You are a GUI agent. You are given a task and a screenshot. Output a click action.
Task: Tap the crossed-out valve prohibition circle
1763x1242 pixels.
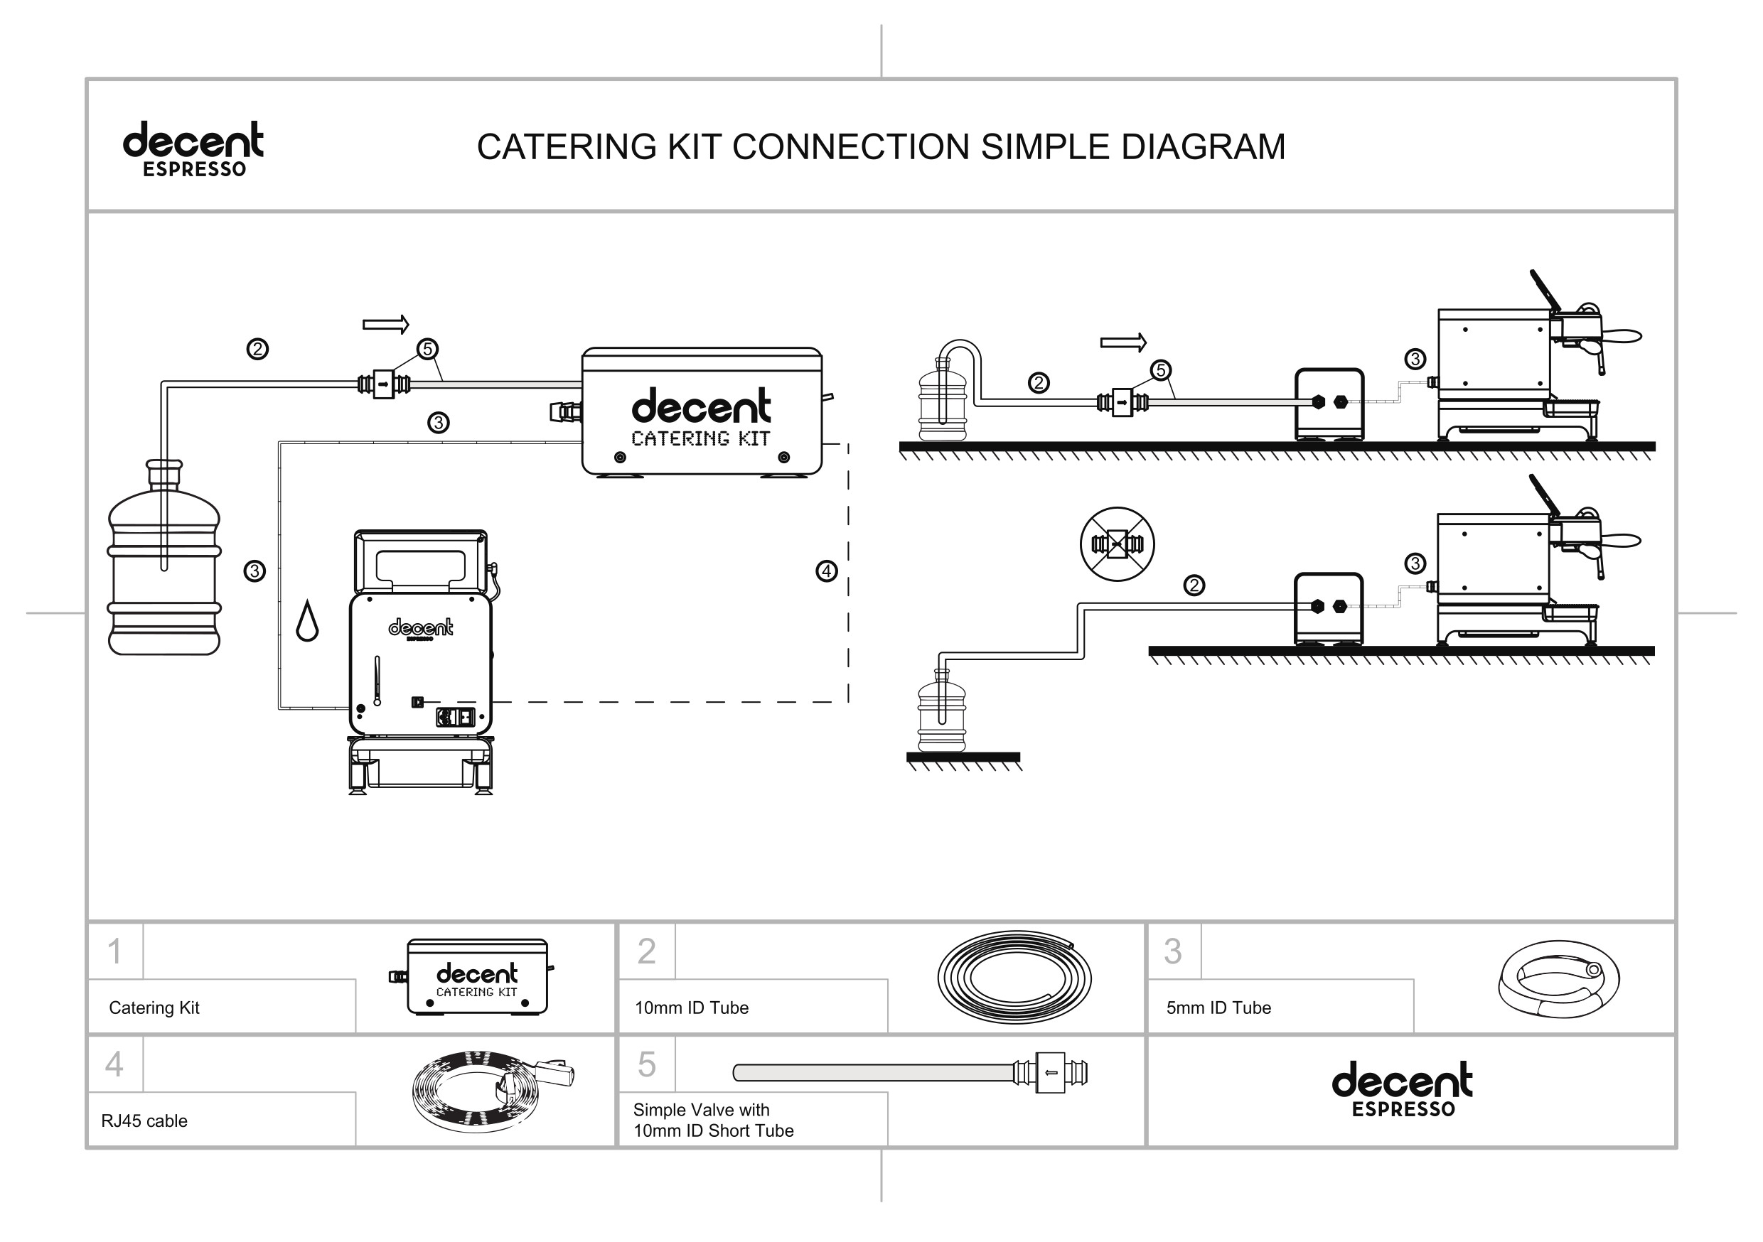pyautogui.click(x=1118, y=544)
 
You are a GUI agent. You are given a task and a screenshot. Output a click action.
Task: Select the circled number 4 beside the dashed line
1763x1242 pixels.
pyautogui.click(x=826, y=571)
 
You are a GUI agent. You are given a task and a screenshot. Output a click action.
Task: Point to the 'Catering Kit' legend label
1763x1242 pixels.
pyautogui.click(x=154, y=1008)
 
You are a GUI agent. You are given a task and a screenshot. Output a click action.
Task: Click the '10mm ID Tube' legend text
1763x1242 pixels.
pyautogui.click(x=691, y=1008)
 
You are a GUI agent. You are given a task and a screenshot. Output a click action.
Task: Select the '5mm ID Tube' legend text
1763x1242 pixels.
pyautogui.click(x=1218, y=1008)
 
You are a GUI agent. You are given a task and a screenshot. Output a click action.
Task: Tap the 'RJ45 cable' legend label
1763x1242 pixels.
pyautogui.click(x=144, y=1120)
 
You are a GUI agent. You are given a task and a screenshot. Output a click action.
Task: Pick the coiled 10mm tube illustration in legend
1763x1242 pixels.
pyautogui.click(x=1014, y=978)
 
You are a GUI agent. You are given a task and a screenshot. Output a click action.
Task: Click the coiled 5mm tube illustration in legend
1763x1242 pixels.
pyautogui.click(x=1559, y=978)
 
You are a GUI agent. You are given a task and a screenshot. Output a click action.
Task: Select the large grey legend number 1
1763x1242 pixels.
pyautogui.click(x=114, y=952)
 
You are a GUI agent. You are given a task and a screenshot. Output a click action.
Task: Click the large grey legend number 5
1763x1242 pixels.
pyautogui.click(x=646, y=1064)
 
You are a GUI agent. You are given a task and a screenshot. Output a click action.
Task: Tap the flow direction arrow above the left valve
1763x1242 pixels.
pyautogui.click(x=385, y=325)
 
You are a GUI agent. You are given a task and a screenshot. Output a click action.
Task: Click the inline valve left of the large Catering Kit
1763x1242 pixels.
pyautogui.click(x=383, y=384)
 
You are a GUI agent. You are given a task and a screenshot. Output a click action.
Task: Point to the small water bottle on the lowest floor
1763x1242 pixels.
pyautogui.click(x=942, y=714)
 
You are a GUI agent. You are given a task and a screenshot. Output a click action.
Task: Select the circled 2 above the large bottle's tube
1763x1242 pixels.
pyautogui.click(x=257, y=350)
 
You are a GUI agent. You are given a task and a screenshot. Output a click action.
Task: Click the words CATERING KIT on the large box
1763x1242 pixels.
pyautogui.click(x=700, y=439)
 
